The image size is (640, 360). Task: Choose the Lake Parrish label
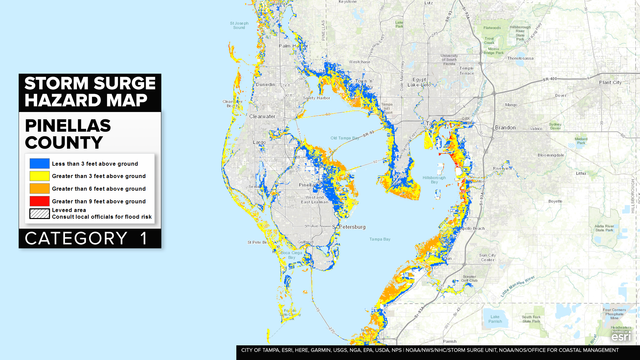coord(492,320)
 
